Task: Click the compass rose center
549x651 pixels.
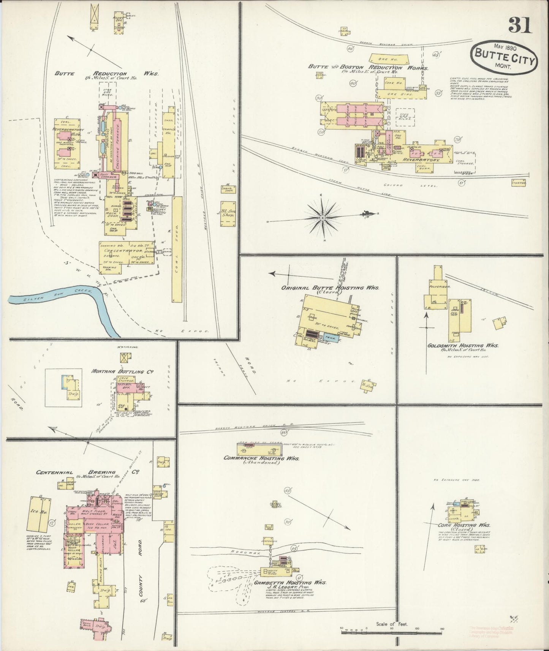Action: [x=322, y=218]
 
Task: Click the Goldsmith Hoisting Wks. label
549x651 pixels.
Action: [x=462, y=346]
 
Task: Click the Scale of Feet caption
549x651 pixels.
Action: [x=395, y=624]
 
